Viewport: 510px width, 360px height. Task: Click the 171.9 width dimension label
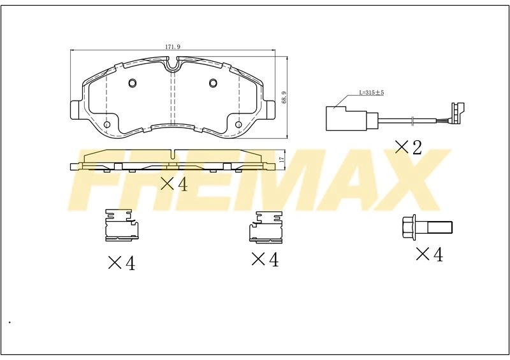point(172,47)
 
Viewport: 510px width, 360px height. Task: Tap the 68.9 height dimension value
point(284,97)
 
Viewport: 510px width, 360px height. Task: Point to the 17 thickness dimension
point(282,159)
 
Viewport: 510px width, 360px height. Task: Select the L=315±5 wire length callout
point(372,92)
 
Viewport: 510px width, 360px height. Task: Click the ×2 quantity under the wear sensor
point(408,147)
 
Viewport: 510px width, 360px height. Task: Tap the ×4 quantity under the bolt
point(429,254)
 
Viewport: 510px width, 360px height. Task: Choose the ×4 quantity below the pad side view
point(174,184)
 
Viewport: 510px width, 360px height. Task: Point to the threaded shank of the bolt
point(439,227)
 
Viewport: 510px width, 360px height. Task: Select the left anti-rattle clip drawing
point(122,225)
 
